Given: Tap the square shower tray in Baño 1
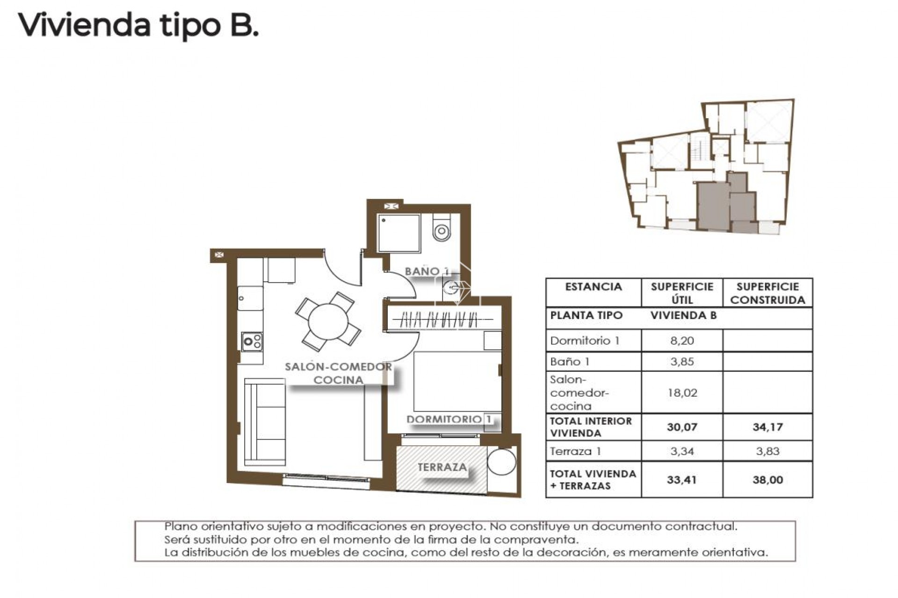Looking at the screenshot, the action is pyautogui.click(x=398, y=233).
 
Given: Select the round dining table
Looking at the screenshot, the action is pyautogui.click(x=328, y=321).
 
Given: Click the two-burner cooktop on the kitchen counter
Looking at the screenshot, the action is pyautogui.click(x=252, y=342).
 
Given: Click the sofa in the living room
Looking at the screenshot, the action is pyautogui.click(x=265, y=422).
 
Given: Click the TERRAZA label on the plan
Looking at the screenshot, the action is pyautogui.click(x=442, y=467).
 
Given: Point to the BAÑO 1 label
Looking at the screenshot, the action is pyautogui.click(x=427, y=271).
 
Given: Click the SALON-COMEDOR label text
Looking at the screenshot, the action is pyautogui.click(x=338, y=367).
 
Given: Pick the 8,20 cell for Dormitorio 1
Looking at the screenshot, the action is pyautogui.click(x=682, y=341).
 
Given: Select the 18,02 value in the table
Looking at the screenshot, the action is pyautogui.click(x=682, y=392).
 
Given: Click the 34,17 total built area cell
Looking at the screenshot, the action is pyautogui.click(x=768, y=427).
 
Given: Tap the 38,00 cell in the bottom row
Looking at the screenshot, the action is pyautogui.click(x=768, y=480).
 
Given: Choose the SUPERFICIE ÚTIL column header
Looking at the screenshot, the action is pyautogui.click(x=682, y=293).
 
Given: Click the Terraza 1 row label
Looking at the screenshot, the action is pyautogui.click(x=575, y=451).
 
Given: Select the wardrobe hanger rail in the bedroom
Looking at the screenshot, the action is pyautogui.click(x=442, y=320).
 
